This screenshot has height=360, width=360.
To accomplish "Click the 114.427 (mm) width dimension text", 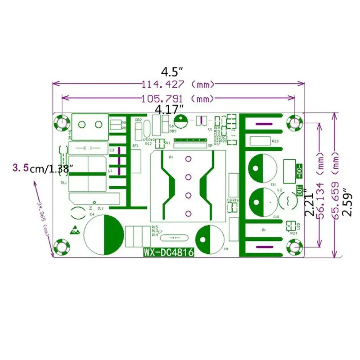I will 177,84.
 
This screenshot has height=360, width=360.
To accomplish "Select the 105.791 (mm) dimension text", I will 177,98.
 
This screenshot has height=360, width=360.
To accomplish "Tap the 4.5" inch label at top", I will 173,72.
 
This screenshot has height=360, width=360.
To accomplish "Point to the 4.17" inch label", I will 169,109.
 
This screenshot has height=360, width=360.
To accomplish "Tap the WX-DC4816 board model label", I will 169,253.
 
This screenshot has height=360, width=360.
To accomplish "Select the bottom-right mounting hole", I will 295,247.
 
